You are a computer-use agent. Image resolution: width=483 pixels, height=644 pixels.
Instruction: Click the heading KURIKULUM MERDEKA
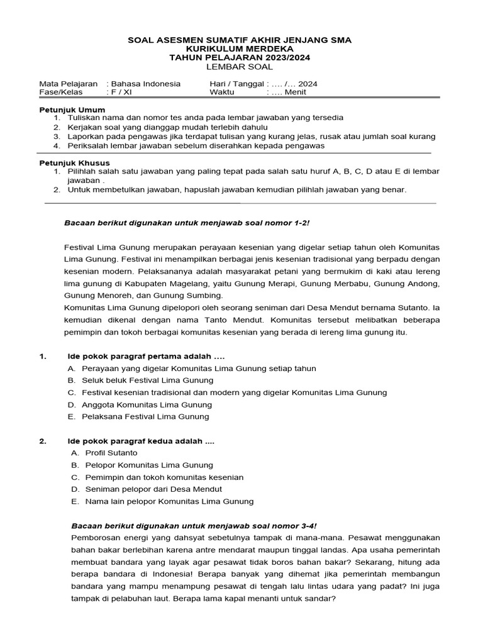coord(240,48)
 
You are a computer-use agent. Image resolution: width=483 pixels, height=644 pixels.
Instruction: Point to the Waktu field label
coord(221,92)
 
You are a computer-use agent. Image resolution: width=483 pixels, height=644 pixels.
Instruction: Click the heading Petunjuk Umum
coord(65,109)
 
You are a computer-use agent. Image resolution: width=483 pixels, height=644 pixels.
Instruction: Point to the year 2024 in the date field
coord(308,83)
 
